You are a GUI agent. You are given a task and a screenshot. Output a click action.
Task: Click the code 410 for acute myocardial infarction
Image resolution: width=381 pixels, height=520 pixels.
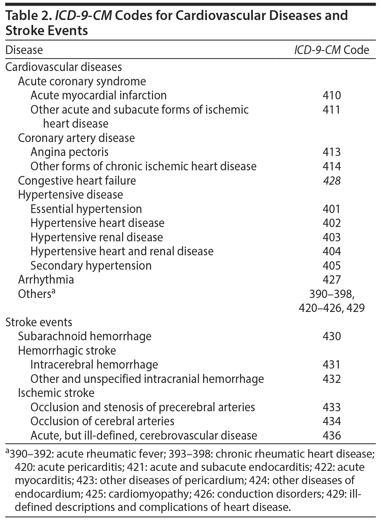point(332,95)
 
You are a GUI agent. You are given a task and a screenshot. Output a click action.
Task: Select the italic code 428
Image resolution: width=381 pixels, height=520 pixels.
point(332,181)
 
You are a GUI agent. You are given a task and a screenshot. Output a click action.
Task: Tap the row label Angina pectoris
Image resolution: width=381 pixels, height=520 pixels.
point(69,152)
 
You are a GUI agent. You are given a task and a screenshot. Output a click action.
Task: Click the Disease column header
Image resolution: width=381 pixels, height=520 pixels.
point(24,50)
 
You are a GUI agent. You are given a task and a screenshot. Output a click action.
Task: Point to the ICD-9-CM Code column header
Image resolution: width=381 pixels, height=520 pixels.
point(331,50)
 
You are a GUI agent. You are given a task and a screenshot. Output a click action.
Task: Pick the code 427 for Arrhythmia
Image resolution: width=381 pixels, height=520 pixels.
point(332,280)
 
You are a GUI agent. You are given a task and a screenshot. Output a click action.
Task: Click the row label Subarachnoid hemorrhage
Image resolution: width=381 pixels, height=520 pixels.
point(84,336)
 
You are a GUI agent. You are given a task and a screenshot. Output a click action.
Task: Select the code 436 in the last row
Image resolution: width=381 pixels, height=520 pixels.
point(332,436)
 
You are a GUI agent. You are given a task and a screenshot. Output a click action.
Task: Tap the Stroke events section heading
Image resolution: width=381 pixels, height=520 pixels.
point(39,322)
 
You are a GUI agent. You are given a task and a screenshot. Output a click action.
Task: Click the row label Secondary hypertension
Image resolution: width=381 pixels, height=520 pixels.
point(91,266)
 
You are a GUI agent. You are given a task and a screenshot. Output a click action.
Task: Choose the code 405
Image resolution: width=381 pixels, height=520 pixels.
point(332,266)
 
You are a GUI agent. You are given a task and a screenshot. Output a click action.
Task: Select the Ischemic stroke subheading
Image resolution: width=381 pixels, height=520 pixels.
point(56,393)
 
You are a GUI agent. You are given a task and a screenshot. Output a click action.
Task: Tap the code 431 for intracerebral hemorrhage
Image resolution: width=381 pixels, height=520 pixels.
point(332,365)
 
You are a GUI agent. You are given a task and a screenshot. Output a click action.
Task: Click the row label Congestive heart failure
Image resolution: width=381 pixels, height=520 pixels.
point(77,181)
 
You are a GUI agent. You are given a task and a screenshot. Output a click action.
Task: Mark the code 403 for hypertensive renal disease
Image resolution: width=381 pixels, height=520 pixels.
point(332,237)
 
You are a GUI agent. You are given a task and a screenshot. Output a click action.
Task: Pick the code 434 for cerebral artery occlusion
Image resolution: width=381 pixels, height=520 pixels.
point(332,421)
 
